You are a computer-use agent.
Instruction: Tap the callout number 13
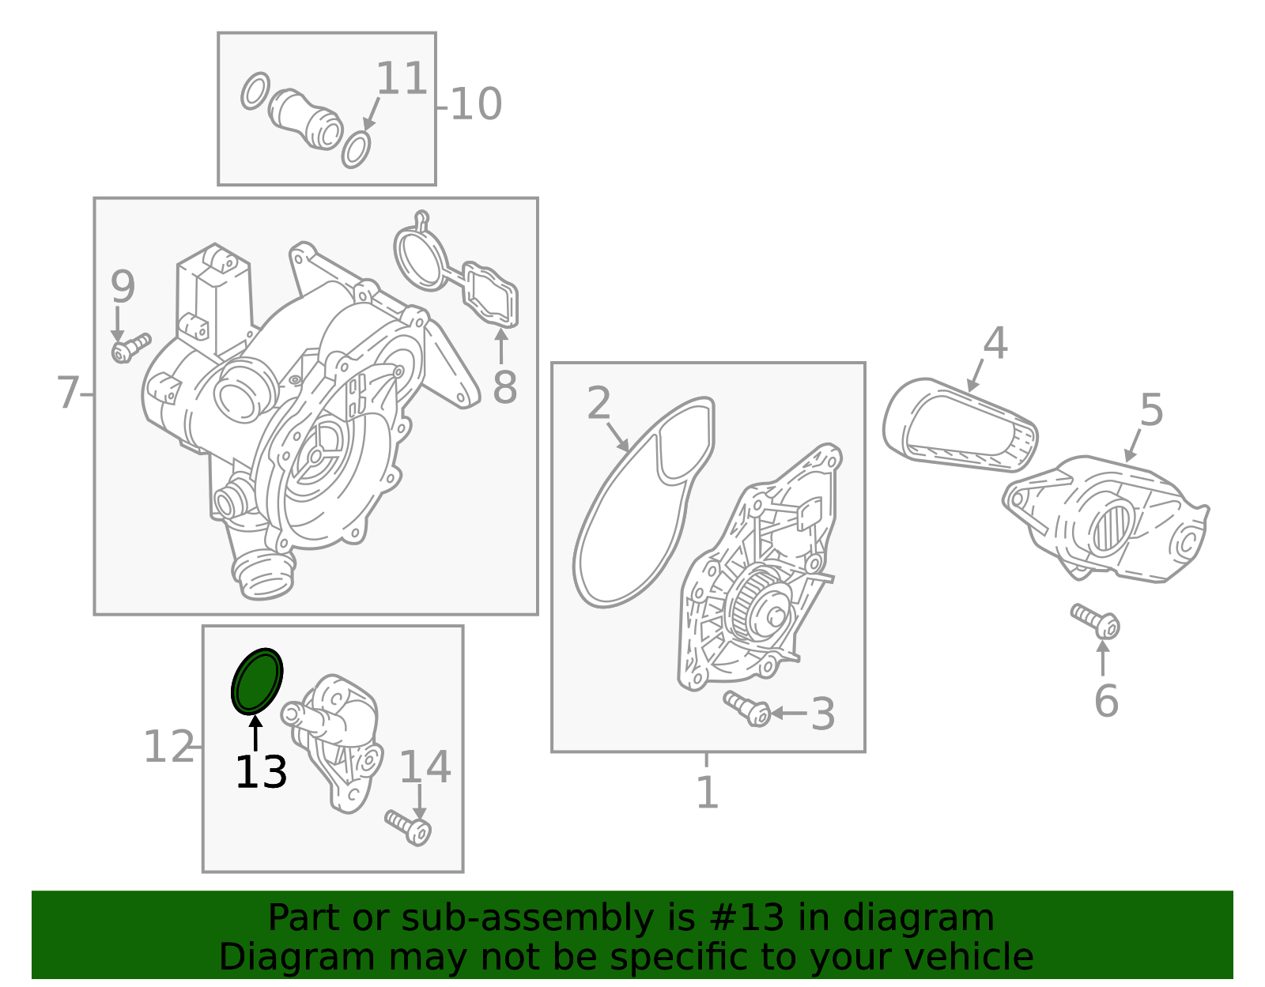(x=261, y=772)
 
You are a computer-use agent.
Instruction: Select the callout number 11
(x=402, y=78)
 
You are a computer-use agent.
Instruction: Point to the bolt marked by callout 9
(x=130, y=348)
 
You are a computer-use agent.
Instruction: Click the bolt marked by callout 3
(x=747, y=708)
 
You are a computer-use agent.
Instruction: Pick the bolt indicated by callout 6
(x=1095, y=620)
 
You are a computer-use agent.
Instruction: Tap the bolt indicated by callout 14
(x=408, y=827)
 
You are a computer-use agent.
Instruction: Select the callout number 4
(x=995, y=343)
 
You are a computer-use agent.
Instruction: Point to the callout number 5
(x=1151, y=409)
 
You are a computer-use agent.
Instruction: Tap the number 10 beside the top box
(x=476, y=104)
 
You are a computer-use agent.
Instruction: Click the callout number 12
(x=168, y=746)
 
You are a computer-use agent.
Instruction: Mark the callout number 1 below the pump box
(x=708, y=792)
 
